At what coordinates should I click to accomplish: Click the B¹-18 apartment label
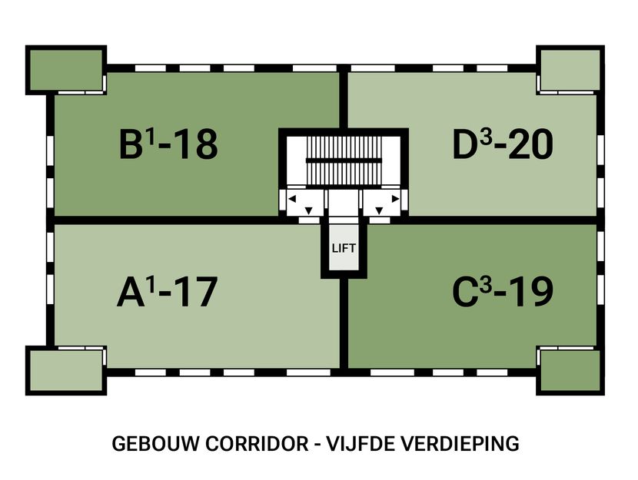pyautogui.click(x=168, y=144)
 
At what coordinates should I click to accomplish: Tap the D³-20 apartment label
pyautogui.click(x=503, y=144)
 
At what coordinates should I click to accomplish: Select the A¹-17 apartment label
pyautogui.click(x=167, y=292)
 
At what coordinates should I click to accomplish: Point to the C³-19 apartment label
pyautogui.click(x=503, y=292)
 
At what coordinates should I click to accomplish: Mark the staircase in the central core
pyautogui.click(x=343, y=161)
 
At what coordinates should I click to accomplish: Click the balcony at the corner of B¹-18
pyautogui.click(x=65, y=69)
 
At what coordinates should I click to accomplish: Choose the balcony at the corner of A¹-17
pyautogui.click(x=65, y=372)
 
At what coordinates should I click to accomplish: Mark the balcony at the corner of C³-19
pyautogui.click(x=570, y=372)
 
